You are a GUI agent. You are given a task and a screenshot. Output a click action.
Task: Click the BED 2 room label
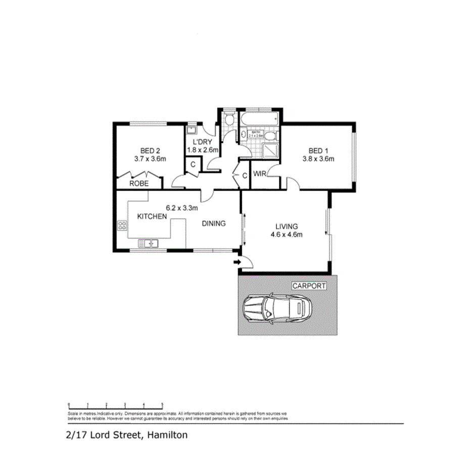(150, 151)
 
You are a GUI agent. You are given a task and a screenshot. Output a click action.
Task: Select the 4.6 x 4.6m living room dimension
(287, 234)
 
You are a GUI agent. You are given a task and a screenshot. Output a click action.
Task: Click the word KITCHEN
(152, 216)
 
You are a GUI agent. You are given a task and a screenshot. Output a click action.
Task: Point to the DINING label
(214, 224)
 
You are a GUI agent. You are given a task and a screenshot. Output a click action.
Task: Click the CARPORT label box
(309, 286)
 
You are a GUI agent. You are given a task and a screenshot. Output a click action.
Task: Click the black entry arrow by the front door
(236, 262)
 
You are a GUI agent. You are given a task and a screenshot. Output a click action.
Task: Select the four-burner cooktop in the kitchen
(122, 226)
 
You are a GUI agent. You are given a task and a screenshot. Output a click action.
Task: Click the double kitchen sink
(151, 244)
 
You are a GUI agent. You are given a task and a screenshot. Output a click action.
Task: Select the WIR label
(260, 174)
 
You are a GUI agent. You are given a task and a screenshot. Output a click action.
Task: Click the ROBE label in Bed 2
(138, 183)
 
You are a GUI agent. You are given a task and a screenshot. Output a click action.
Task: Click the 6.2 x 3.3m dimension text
(182, 207)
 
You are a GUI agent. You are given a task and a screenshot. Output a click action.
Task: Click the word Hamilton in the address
(168, 435)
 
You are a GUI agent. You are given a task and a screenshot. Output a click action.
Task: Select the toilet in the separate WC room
(228, 120)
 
